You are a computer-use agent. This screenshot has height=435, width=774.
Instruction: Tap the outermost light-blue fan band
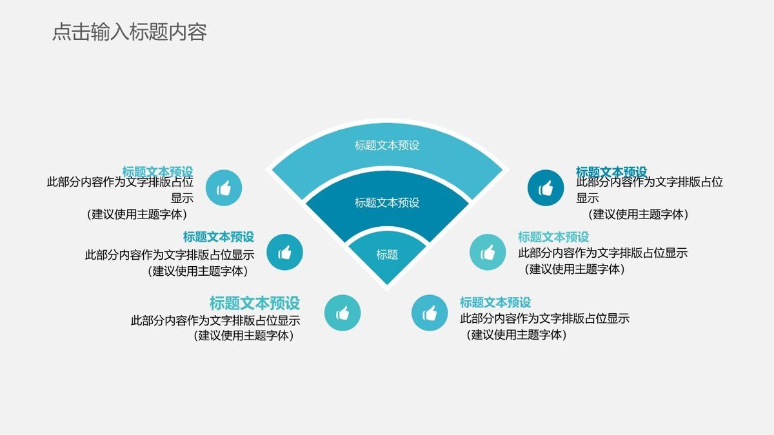[387, 146]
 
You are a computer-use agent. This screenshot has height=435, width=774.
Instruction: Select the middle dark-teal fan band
[387, 203]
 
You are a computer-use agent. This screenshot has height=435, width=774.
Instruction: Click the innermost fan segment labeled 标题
[387, 255]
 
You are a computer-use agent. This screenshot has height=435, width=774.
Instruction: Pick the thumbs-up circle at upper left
[224, 188]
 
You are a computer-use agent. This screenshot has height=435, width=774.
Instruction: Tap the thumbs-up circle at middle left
[284, 253]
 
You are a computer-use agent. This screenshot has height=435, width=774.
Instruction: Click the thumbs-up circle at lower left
[342, 313]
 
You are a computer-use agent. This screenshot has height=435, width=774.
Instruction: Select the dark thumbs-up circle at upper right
[546, 188]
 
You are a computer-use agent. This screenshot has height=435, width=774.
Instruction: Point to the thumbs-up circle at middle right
[488, 252]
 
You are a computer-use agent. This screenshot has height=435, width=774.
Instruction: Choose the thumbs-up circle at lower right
[430, 313]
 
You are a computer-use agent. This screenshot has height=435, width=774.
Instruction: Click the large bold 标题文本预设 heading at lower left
[255, 303]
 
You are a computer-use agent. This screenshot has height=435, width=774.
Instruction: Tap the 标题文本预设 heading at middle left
[219, 237]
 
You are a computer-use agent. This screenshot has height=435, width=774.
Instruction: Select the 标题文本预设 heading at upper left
[158, 171]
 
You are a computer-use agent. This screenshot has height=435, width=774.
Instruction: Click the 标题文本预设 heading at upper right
[611, 172]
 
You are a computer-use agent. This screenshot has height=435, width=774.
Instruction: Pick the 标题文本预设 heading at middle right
[553, 237]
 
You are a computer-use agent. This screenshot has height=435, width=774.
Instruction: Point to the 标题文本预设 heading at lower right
[495, 302]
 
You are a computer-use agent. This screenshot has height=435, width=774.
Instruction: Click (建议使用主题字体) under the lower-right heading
[516, 335]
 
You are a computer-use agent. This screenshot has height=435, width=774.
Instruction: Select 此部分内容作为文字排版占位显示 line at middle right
[603, 253]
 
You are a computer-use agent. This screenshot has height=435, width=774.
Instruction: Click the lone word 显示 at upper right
[588, 198]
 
